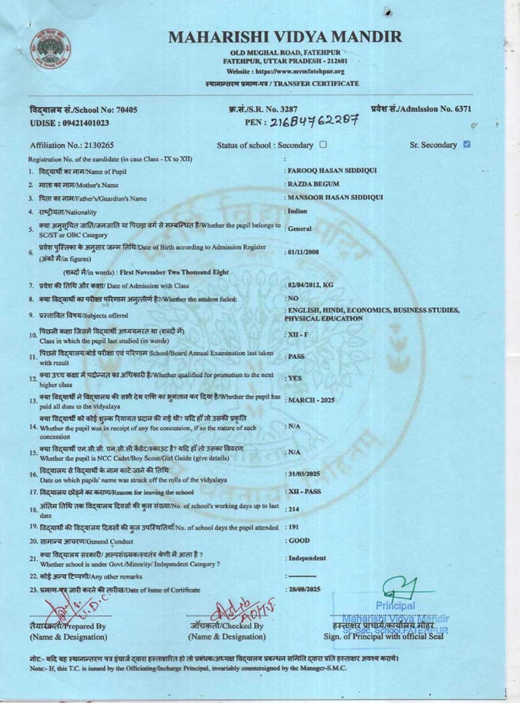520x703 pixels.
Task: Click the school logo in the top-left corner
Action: tap(50, 51)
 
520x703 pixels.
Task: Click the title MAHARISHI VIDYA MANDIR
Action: tap(285, 37)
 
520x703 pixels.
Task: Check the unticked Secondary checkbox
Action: tap(323, 145)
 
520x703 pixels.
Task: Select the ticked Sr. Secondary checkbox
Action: tap(466, 144)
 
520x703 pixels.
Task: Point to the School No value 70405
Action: tap(127, 110)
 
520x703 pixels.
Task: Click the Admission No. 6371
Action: tap(463, 109)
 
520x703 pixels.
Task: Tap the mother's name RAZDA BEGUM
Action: tap(314, 184)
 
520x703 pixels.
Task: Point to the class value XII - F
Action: tap(298, 334)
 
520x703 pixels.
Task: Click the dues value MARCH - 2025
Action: tap(311, 400)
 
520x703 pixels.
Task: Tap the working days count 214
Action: tap(294, 509)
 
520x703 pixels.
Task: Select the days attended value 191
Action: tap(293, 527)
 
